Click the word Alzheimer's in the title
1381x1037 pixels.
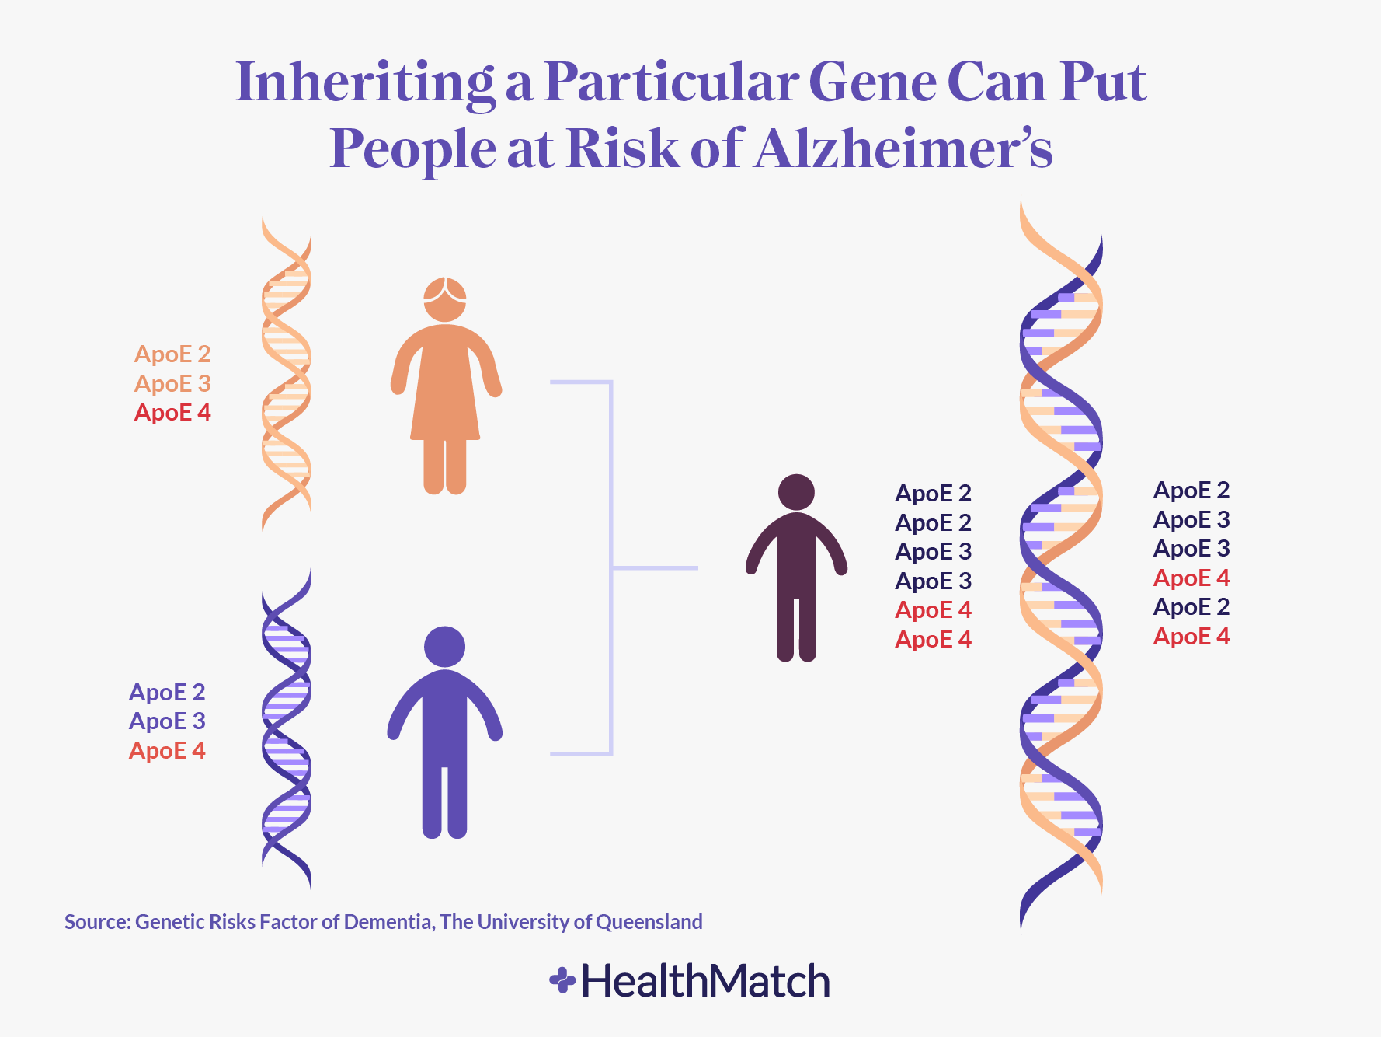(x=904, y=148)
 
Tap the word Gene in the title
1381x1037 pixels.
(x=872, y=82)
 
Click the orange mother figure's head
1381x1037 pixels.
(x=445, y=299)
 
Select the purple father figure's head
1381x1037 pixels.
(x=445, y=647)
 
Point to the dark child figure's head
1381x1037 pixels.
(x=796, y=493)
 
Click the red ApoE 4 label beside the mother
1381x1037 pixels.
(x=172, y=413)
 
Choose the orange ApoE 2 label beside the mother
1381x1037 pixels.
(x=172, y=354)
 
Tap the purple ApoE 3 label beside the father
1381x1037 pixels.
(x=167, y=721)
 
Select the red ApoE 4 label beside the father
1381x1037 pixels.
(x=167, y=751)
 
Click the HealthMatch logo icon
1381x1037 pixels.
(x=562, y=980)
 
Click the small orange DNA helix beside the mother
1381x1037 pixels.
(x=287, y=373)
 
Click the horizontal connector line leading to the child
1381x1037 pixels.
(x=655, y=568)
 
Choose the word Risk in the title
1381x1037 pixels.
(x=623, y=148)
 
